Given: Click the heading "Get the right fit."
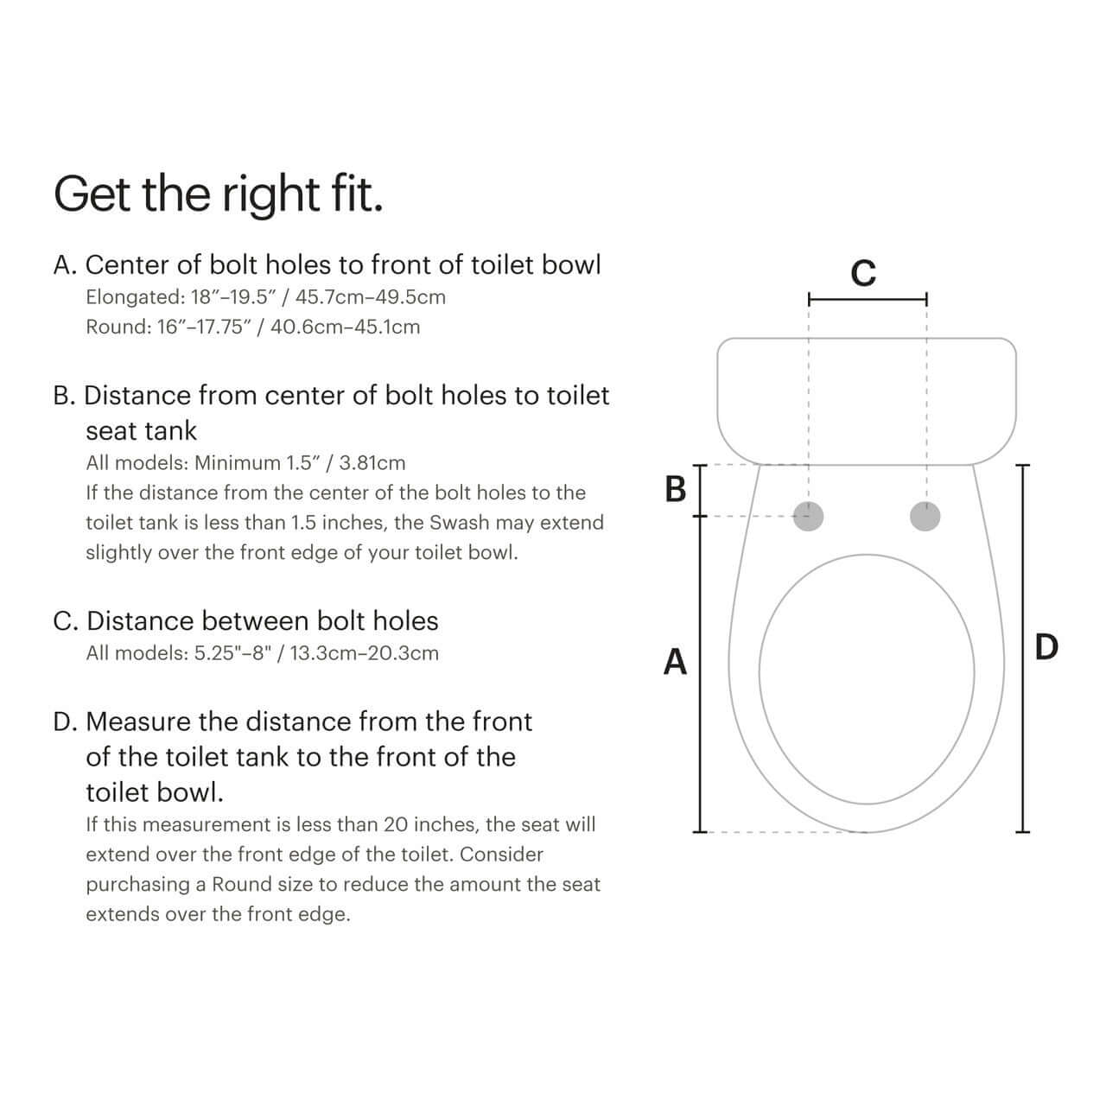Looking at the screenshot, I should [x=218, y=194].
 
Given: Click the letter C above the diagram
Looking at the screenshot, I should [x=863, y=273].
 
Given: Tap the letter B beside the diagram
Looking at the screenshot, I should [x=676, y=489].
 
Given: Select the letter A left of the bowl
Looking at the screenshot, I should [x=675, y=662].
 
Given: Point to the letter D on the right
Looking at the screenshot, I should [x=1046, y=646].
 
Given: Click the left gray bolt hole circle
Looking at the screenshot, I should [x=808, y=517].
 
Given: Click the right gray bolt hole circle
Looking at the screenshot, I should [x=925, y=517].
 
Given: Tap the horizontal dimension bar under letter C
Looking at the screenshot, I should [x=867, y=300].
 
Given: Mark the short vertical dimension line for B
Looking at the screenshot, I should [x=700, y=490].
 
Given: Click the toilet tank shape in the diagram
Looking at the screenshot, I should [x=867, y=400].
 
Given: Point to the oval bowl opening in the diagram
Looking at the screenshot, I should [x=867, y=672].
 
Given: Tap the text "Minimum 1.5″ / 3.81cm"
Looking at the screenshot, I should [x=300, y=463].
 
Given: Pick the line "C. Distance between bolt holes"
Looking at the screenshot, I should [x=245, y=620].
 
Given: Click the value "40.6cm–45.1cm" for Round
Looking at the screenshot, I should [x=345, y=327].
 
